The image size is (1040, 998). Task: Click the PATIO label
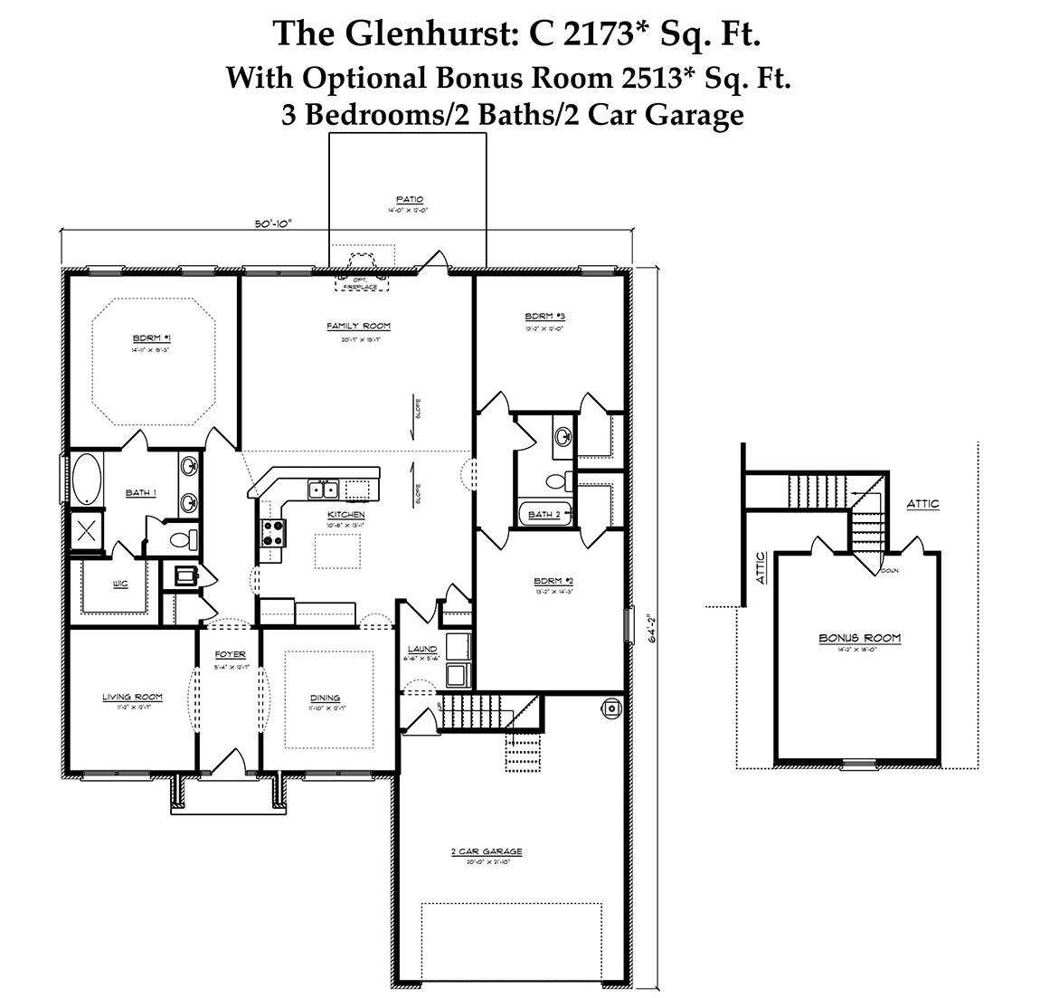pos(409,200)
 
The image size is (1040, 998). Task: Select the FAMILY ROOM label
pos(358,326)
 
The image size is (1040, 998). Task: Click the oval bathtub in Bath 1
pos(87,479)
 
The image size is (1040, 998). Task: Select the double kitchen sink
pos(323,489)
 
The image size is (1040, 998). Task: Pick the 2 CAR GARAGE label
pos(487,852)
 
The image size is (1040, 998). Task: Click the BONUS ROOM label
pos(859,638)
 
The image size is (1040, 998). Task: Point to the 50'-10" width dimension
pos(274,224)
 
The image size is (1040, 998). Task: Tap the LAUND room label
pos(421,649)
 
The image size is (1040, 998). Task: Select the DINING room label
pos(325,698)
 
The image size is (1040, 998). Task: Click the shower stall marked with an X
pos(88,529)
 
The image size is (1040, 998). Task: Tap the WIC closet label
pos(120,585)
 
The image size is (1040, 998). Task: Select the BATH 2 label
pos(544,515)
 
